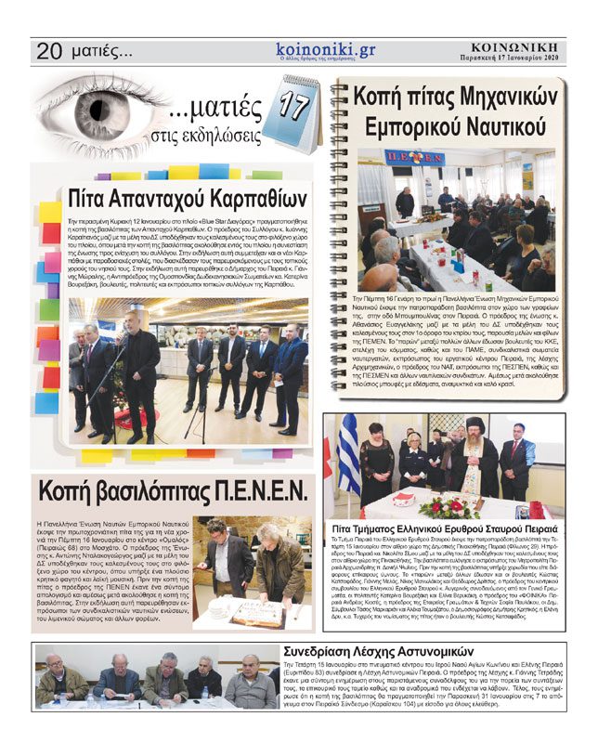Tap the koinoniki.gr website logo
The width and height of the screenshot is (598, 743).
click(325, 49)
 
